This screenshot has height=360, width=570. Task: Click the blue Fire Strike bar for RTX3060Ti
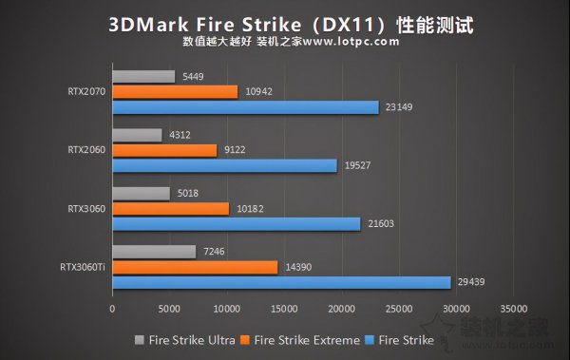[281, 282]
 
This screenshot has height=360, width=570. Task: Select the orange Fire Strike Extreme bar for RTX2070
[175, 91]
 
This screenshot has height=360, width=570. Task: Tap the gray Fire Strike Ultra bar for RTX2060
[137, 135]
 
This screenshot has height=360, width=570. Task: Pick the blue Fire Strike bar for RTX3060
[237, 224]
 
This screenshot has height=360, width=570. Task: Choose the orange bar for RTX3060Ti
[195, 267]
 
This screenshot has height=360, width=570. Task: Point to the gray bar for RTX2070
[143, 76]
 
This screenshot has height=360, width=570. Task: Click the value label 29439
[471, 282]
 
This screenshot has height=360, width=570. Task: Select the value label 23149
[399, 107]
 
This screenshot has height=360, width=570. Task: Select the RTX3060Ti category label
[81, 267]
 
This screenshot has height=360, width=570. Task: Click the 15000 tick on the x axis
[284, 310]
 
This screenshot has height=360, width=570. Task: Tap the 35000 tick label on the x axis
[513, 310]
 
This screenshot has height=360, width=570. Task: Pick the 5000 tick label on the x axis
[169, 310]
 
